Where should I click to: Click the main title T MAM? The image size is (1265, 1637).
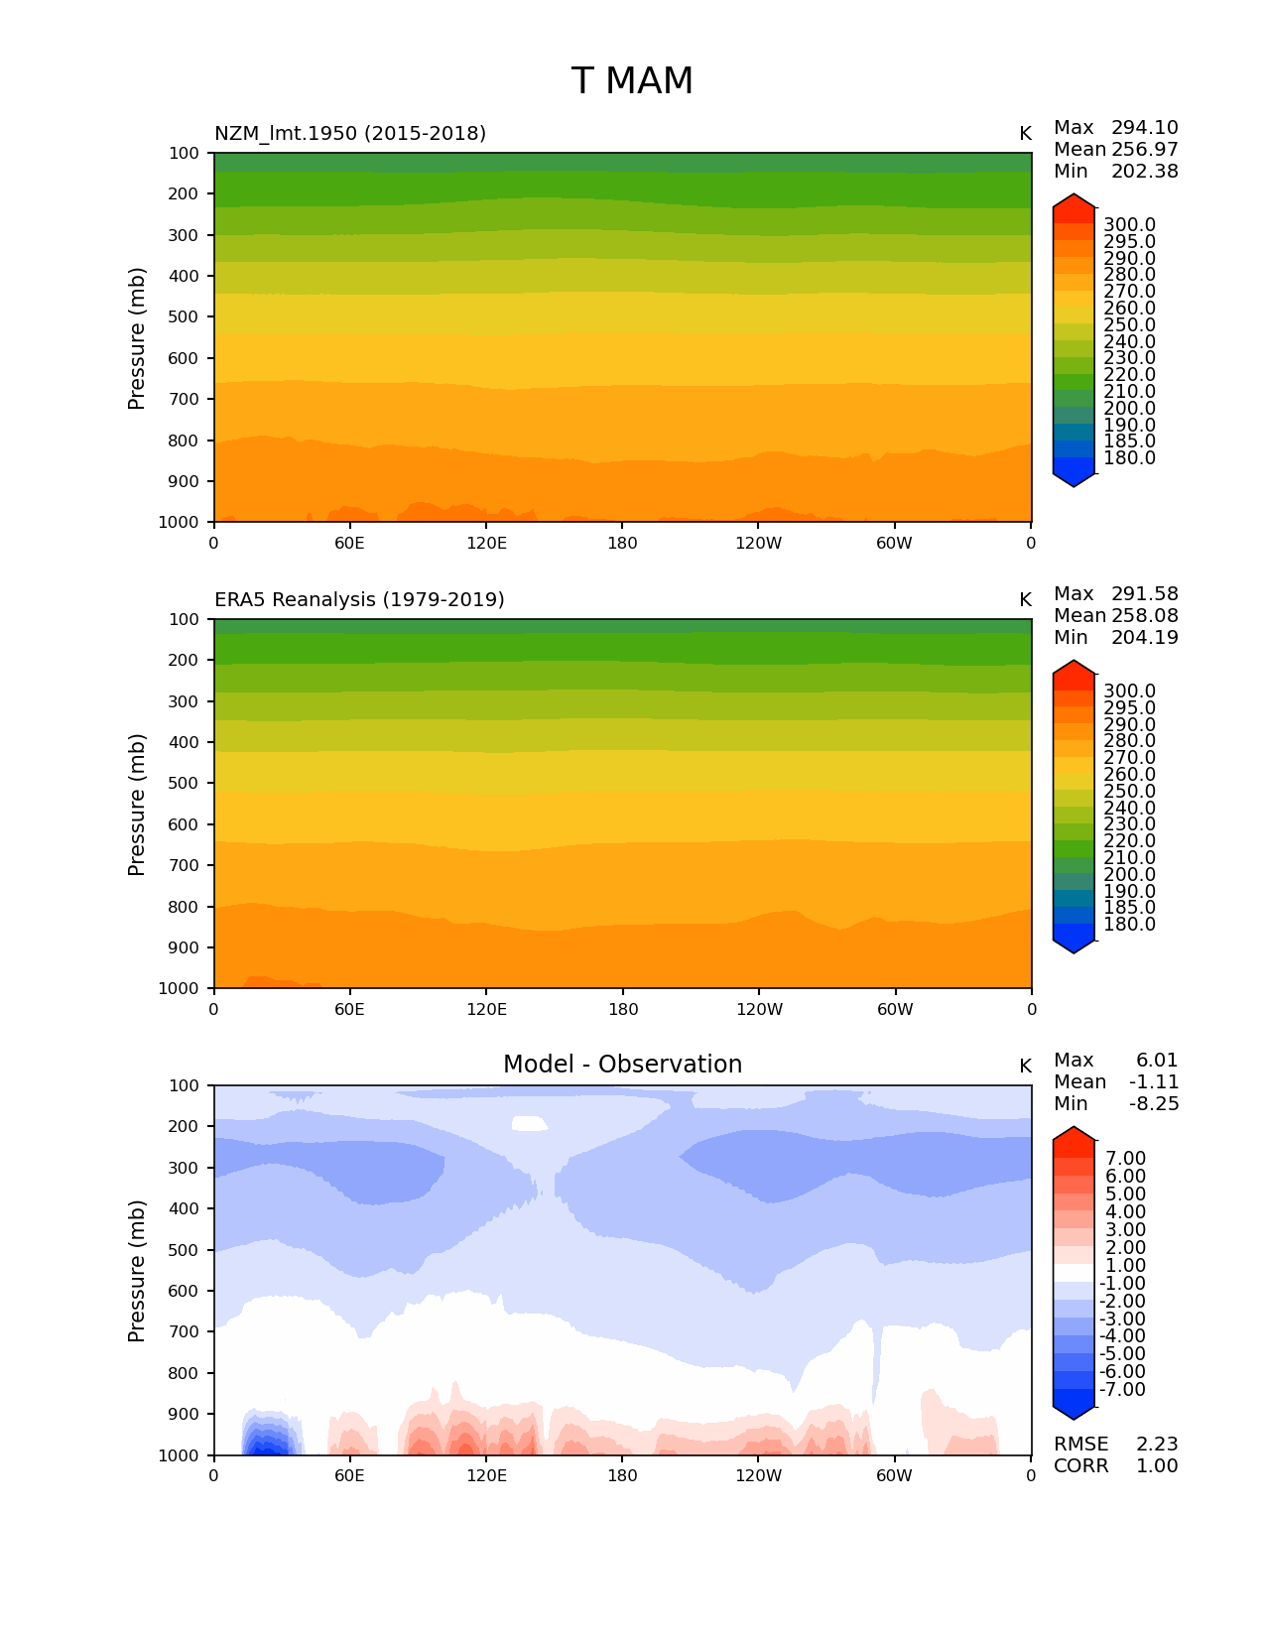[x=632, y=81]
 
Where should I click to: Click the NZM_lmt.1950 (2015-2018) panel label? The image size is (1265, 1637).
[x=350, y=133]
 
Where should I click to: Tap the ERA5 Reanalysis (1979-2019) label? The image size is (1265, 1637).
[x=359, y=599]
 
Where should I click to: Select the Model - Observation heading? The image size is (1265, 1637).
[x=622, y=1065]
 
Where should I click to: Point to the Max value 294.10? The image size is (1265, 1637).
[x=1144, y=128]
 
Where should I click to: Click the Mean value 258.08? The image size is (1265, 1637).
[x=1144, y=616]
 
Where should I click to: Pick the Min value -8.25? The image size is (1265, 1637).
[x=1155, y=1104]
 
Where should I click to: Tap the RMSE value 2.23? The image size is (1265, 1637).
[x=1156, y=1445]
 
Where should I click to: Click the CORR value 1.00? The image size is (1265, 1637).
[x=1156, y=1466]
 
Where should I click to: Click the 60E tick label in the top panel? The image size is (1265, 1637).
[x=349, y=543]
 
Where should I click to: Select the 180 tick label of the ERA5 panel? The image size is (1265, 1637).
[x=622, y=1009]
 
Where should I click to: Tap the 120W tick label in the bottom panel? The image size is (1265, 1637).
[x=759, y=1475]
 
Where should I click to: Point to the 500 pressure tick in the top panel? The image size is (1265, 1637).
[x=184, y=317]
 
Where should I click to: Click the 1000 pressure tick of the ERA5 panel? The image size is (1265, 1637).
[x=179, y=988]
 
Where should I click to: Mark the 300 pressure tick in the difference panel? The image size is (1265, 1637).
[x=184, y=1168]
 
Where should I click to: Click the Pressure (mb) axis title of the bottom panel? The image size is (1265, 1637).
[x=137, y=1270]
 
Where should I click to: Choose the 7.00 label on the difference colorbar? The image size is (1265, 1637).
[x=1125, y=1159]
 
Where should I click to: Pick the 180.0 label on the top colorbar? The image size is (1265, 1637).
[x=1129, y=458]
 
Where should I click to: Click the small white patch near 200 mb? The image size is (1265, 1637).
[x=529, y=1123]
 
